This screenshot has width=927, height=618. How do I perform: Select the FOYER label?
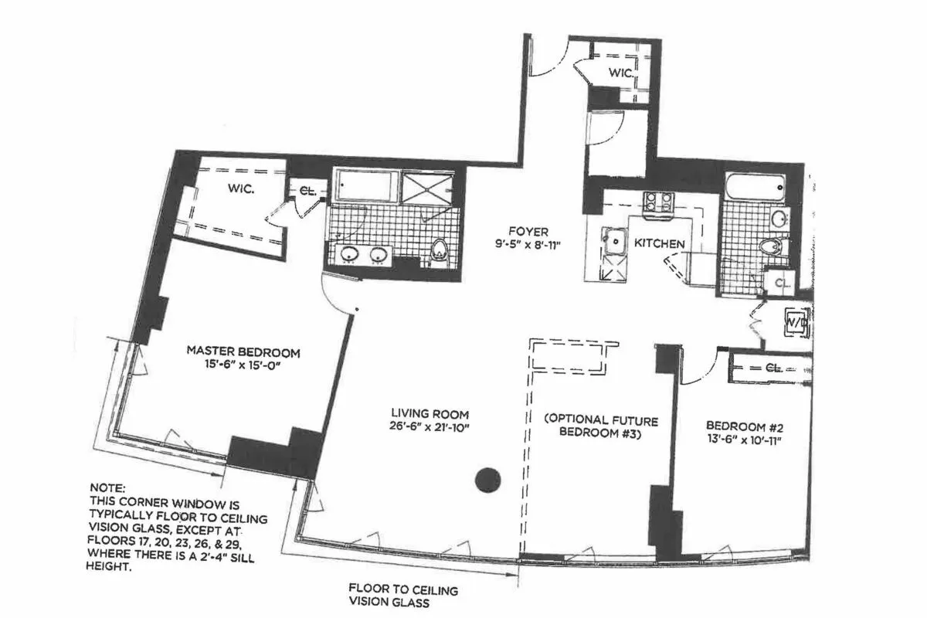point(528,231)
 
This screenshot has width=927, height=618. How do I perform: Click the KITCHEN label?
point(659,243)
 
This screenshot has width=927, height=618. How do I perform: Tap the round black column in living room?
point(488,480)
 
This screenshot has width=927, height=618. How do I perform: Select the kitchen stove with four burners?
point(658,201)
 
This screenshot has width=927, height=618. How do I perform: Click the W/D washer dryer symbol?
point(794,321)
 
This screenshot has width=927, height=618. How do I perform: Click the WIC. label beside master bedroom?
point(239,188)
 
